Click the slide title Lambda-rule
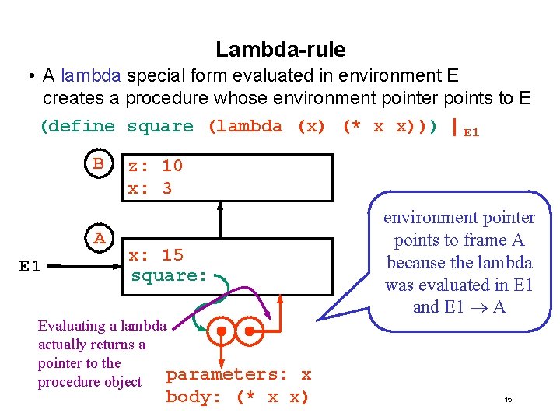[x=280, y=50]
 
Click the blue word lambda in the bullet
[x=92, y=76]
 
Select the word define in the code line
[x=83, y=127]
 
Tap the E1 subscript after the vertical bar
[x=471, y=132]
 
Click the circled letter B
[x=99, y=164]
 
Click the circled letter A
[x=99, y=239]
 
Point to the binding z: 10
[x=155, y=166]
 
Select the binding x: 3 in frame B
[x=150, y=188]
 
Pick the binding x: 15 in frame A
[x=156, y=255]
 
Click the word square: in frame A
[x=169, y=275]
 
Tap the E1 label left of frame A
[x=30, y=267]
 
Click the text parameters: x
[x=239, y=374]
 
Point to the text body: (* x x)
[x=237, y=397]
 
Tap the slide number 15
[x=508, y=400]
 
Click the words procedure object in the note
[x=89, y=382]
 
